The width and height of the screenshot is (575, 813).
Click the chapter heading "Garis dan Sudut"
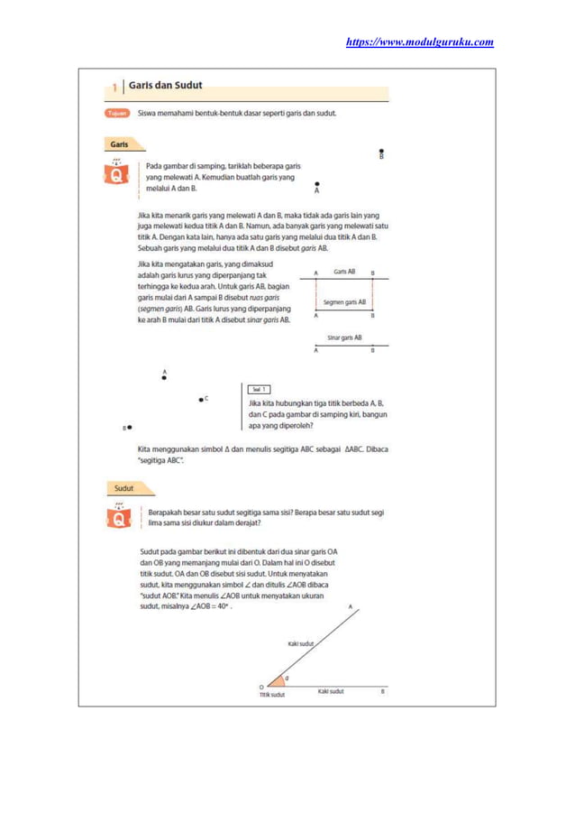[x=165, y=86]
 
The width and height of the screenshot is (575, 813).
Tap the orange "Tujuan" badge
[x=117, y=114]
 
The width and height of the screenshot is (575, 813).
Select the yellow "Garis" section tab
[x=119, y=144]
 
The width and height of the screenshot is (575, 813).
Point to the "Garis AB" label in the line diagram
[x=343, y=271]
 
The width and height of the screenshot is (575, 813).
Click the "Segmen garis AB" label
[x=343, y=302]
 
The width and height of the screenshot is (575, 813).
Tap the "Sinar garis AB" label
[x=343, y=337]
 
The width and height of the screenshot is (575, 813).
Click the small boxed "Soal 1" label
[x=259, y=389]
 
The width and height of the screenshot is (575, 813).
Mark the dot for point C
[x=201, y=399]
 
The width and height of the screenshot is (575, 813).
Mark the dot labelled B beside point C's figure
[x=130, y=428]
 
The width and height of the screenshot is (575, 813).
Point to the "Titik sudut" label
[x=271, y=696]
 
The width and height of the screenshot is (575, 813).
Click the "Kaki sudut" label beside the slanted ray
[x=300, y=643]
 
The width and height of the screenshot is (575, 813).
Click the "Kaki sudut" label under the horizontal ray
[x=331, y=691]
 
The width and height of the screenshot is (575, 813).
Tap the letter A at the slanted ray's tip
[x=350, y=607]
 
